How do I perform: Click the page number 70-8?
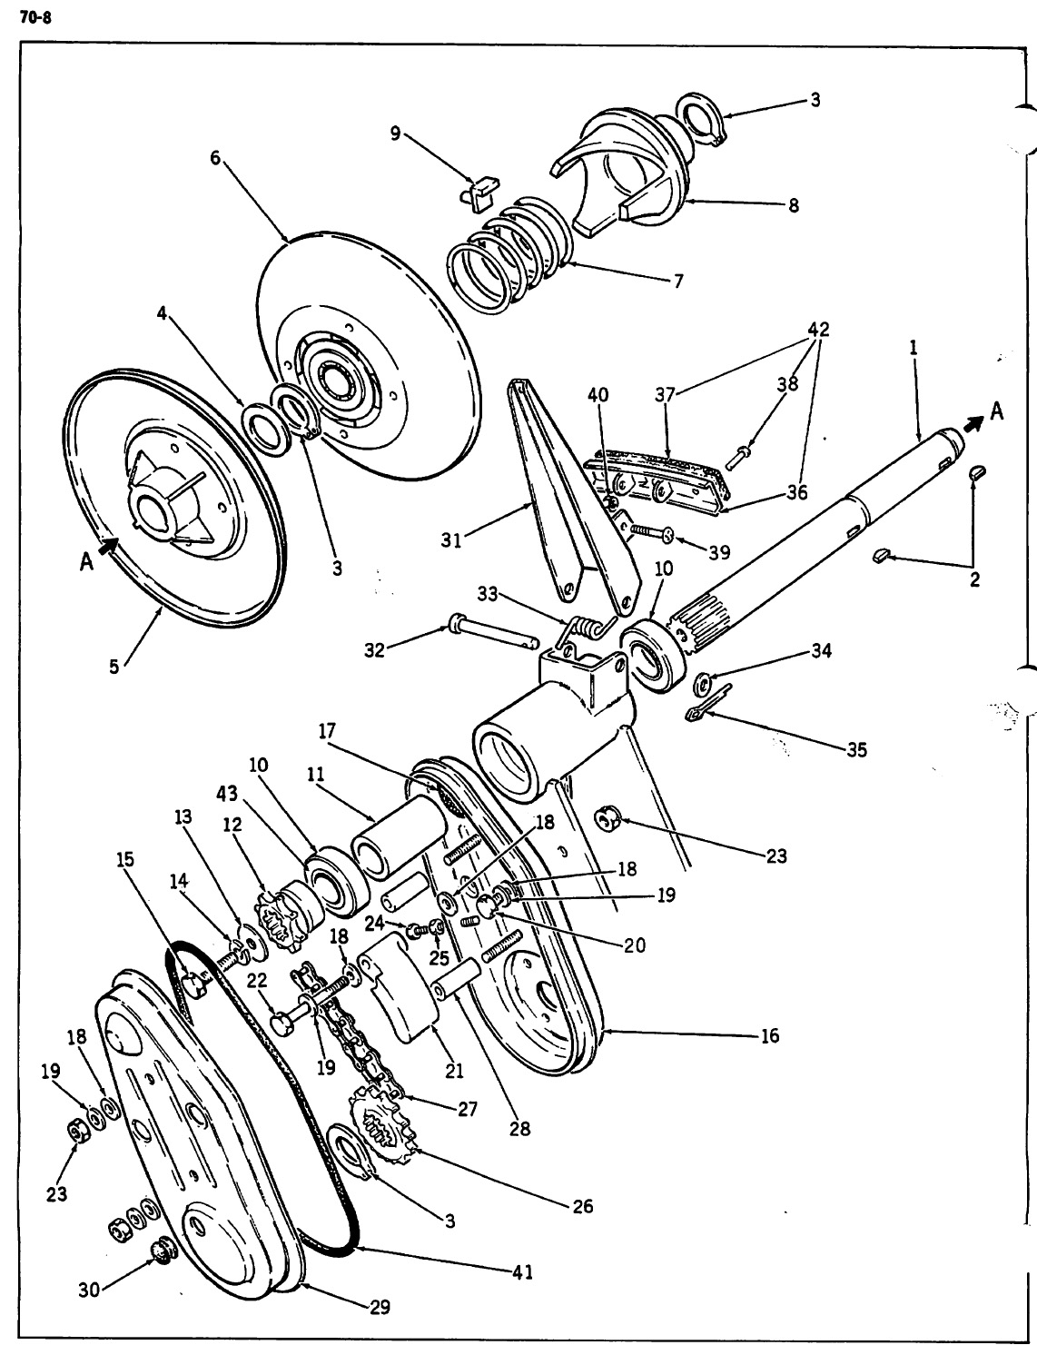[x=35, y=18]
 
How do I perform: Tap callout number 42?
[x=818, y=329]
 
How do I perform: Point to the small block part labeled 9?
[x=480, y=193]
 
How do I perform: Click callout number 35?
[x=856, y=749]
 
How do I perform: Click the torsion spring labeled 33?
[x=587, y=629]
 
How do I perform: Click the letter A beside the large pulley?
[x=86, y=562]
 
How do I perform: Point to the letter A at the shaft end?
[x=997, y=411]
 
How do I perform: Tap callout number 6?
[x=215, y=158]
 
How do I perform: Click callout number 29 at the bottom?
[x=380, y=1307]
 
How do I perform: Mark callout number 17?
[x=327, y=731]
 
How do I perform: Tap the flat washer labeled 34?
[x=703, y=683]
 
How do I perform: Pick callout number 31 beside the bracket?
[x=451, y=540]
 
